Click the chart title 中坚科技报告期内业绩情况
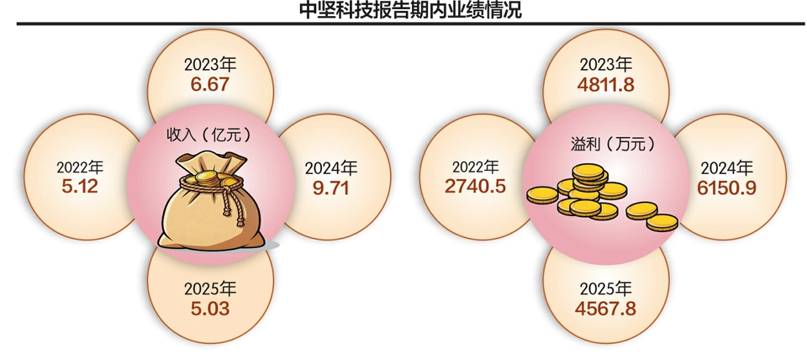410,10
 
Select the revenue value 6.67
210,84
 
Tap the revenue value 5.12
80,186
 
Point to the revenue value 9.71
331,188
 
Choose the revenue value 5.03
210,309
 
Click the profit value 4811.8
606,84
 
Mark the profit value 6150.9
726,188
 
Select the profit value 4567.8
606,309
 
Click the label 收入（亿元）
210,135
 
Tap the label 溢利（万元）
606,143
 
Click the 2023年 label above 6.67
210,66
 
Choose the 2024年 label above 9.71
331,168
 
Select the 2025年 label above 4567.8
606,289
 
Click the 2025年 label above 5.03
210,289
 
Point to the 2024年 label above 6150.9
726,168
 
